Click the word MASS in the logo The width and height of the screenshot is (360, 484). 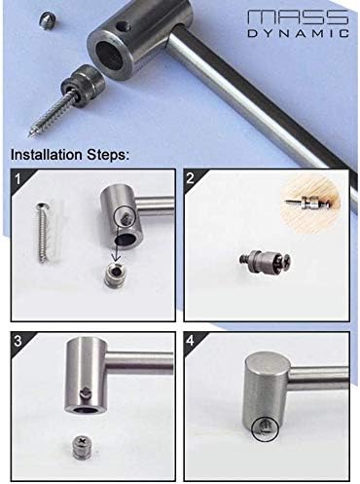pyautogui.click(x=298, y=17)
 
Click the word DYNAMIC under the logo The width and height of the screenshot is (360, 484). pyautogui.click(x=299, y=33)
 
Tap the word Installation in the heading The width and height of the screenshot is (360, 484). pyautogui.click(x=48, y=155)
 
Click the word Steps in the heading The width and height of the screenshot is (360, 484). pyautogui.click(x=108, y=155)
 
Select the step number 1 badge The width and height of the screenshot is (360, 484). pyautogui.click(x=18, y=178)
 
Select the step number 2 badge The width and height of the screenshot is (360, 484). pyautogui.click(x=191, y=178)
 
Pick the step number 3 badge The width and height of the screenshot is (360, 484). pyautogui.click(x=18, y=341)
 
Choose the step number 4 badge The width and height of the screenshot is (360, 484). pyautogui.click(x=191, y=341)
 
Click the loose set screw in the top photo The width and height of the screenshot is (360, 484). pyautogui.click(x=49, y=20)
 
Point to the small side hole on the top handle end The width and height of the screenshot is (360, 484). pyautogui.click(x=123, y=26)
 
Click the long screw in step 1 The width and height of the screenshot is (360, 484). pyautogui.click(x=42, y=233)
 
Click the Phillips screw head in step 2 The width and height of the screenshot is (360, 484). pyautogui.click(x=284, y=259)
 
